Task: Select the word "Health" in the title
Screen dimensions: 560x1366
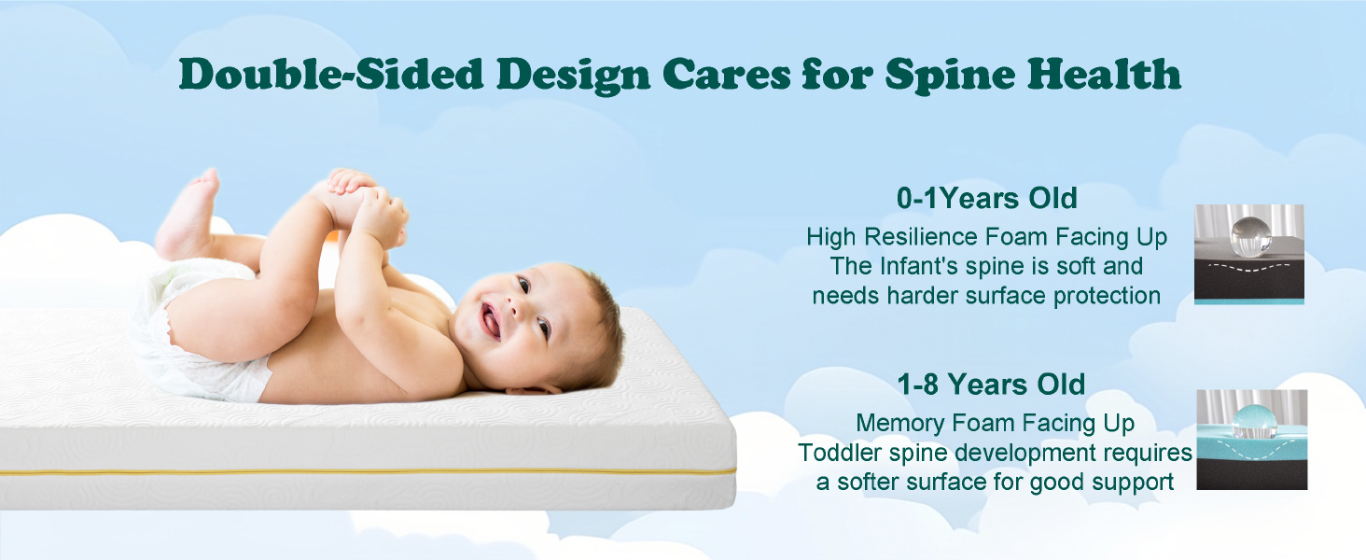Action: pos(1106,73)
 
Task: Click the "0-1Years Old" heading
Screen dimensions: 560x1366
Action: pos(987,199)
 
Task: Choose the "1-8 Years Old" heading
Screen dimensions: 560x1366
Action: pos(991,385)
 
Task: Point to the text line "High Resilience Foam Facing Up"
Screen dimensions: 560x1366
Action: pos(986,237)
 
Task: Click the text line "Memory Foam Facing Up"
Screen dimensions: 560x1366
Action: pos(995,423)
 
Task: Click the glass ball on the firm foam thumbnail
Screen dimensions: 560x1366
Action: pos(1251,233)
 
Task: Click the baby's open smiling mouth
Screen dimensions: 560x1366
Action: pos(491,322)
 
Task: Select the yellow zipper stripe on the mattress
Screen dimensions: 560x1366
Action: pos(373,472)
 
